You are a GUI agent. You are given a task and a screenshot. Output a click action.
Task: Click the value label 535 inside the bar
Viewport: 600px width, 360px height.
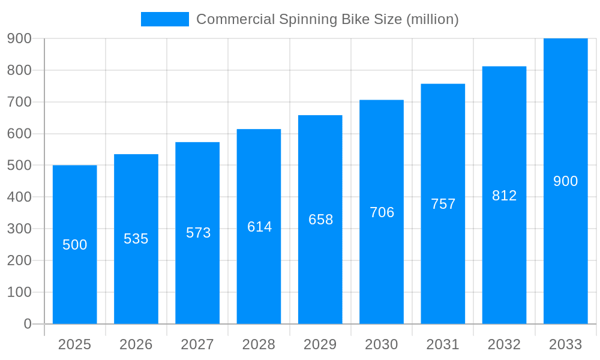(x=136, y=239)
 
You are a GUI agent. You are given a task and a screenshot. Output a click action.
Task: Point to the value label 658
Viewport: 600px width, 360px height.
(x=320, y=220)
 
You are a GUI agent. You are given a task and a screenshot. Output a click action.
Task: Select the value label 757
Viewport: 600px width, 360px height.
(x=443, y=204)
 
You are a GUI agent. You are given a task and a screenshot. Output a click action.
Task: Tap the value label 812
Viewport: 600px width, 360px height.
(x=504, y=196)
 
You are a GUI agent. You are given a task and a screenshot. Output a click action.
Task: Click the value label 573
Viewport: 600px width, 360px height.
(x=198, y=233)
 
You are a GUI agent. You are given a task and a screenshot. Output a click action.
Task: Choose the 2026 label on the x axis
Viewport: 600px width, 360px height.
(x=136, y=344)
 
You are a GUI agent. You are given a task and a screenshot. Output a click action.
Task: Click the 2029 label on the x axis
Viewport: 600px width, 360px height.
(x=320, y=344)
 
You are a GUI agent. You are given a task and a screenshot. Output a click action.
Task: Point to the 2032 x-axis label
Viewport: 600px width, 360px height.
(x=504, y=344)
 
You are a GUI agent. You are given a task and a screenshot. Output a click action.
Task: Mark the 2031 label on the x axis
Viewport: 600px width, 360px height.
(x=443, y=344)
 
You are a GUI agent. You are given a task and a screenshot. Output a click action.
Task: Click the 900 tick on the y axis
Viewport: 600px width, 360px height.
(x=19, y=38)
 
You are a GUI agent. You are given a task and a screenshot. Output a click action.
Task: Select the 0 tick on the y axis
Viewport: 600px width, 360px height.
(x=27, y=324)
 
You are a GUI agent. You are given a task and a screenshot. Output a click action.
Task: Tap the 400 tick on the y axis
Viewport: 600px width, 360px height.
(x=19, y=197)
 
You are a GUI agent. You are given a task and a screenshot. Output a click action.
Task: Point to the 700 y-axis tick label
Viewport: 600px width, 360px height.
(x=19, y=102)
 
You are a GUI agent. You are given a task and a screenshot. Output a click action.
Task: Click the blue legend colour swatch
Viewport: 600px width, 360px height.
(x=164, y=19)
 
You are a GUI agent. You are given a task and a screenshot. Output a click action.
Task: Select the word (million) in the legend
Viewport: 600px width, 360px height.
(x=433, y=19)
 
